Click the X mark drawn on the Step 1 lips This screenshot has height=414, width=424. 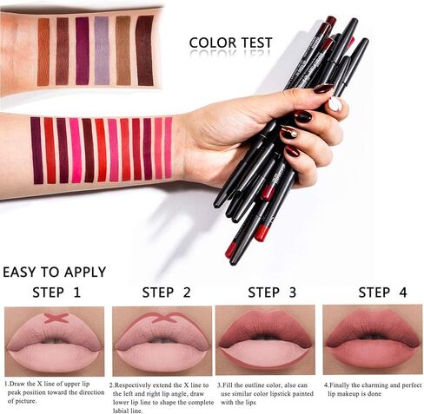click(56, 319)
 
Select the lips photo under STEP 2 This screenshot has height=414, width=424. click(162, 340)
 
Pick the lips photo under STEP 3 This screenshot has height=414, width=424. click(265, 340)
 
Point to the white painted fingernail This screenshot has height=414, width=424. click(335, 104)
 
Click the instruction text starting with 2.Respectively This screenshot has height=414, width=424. click(161, 392)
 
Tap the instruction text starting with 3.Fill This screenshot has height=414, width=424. click(265, 389)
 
